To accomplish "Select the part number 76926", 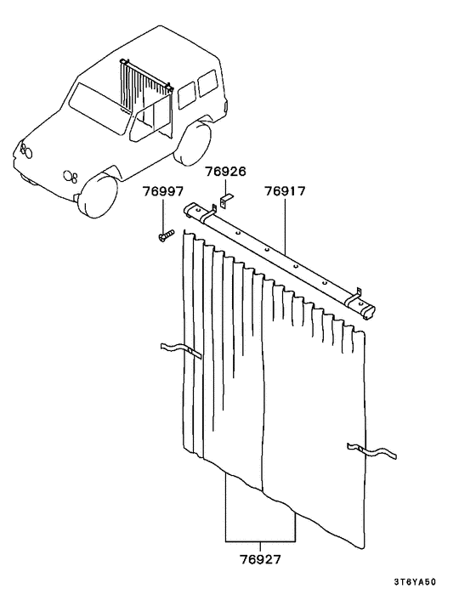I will (225, 172).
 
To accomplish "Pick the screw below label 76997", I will (164, 236).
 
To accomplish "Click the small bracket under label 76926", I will (225, 201).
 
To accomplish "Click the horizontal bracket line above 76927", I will (260, 541).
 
